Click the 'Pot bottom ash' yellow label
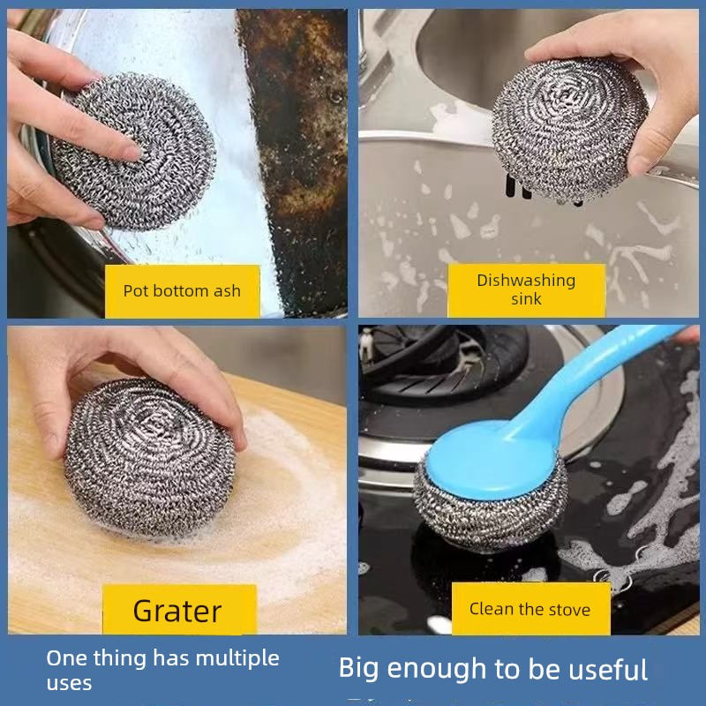pos(183,291)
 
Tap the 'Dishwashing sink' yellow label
pos(526,289)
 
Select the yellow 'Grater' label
pos(179,610)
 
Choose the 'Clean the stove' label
pos(530,609)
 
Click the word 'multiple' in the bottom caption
pos(237,658)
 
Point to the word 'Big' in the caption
pos(359,669)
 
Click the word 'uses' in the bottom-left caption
pos(69,683)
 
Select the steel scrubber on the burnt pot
pos(134,152)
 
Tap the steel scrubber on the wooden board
pos(149,458)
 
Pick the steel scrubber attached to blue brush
pos(490,509)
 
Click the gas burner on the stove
pos(444,364)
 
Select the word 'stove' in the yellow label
pos(569,610)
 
